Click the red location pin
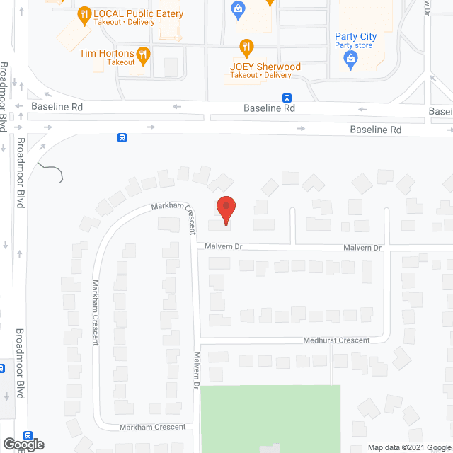pyautogui.click(x=225, y=210)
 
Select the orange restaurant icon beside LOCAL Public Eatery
pyautogui.click(x=84, y=13)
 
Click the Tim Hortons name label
pyautogui.click(x=106, y=53)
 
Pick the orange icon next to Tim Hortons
pyautogui.click(x=143, y=55)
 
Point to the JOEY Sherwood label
pyautogui.click(x=265, y=67)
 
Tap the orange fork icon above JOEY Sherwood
pyautogui.click(x=246, y=48)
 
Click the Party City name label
pyautogui.click(x=356, y=37)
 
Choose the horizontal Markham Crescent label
pyautogui.click(x=152, y=427)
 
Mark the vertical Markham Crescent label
pyautogui.click(x=96, y=312)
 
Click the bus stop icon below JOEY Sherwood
pyautogui.click(x=287, y=98)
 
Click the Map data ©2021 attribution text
pyautogui.click(x=409, y=447)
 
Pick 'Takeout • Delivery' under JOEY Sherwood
pyautogui.click(x=261, y=76)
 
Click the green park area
pyautogui.click(x=269, y=418)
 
